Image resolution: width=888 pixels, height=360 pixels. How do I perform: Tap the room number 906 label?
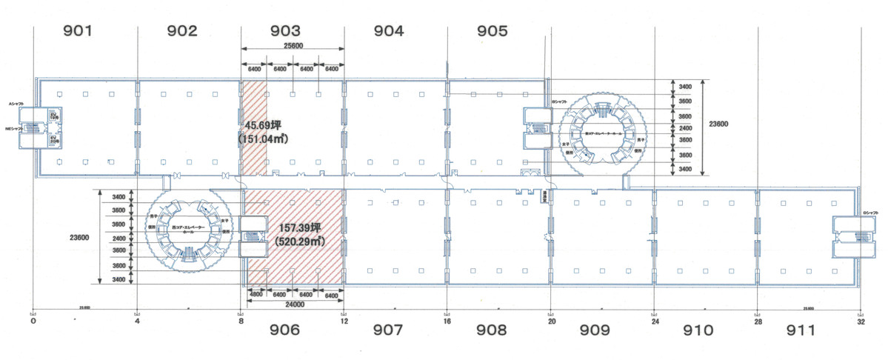(x=285, y=330)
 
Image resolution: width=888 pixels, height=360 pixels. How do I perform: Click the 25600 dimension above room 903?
(x=293, y=45)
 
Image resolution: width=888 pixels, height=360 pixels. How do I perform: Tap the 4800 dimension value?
(x=256, y=295)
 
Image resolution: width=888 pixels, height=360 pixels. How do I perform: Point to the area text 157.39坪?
(x=301, y=228)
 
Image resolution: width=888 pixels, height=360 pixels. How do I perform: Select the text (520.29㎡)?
(x=300, y=241)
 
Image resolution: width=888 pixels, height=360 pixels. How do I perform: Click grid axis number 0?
(x=33, y=321)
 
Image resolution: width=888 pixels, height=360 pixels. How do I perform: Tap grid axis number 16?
(x=447, y=321)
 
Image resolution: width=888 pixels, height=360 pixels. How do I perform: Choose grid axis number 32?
(x=860, y=321)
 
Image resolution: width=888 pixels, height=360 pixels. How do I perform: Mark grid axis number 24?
(x=653, y=321)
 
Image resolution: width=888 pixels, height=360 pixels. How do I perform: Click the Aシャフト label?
(x=16, y=103)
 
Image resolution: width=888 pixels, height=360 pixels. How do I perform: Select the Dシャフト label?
(x=869, y=216)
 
